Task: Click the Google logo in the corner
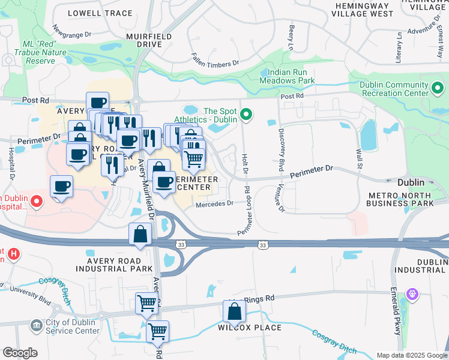(20, 353)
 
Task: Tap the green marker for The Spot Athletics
(246, 114)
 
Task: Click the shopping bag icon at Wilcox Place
(234, 312)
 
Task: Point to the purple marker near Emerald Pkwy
(412, 294)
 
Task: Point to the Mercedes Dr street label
(214, 204)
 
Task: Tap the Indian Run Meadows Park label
(287, 76)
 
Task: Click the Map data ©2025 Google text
(412, 355)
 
